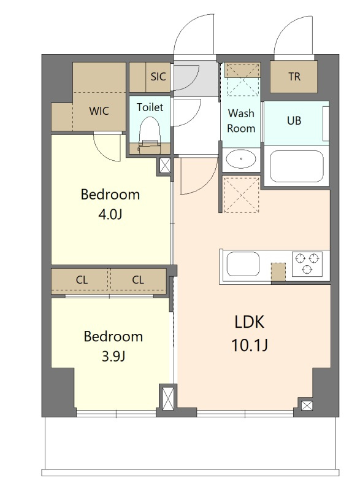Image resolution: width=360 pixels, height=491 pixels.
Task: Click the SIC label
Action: [158, 76]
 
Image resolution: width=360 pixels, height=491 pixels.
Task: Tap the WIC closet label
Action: [99, 111]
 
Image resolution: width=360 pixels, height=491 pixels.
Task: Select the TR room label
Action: [294, 76]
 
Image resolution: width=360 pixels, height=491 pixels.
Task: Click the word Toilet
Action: [150, 107]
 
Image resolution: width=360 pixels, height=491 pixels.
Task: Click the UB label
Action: [294, 120]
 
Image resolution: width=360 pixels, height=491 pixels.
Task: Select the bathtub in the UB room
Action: [296, 166]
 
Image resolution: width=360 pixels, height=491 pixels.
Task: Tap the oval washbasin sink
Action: [241, 159]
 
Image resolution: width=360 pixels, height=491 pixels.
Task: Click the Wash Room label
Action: [241, 120]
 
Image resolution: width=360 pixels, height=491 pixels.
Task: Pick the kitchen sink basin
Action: [243, 264]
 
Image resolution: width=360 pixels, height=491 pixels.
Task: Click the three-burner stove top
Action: [307, 264]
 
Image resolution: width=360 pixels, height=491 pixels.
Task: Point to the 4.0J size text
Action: [110, 215]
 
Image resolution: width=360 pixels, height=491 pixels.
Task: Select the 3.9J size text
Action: [113, 357]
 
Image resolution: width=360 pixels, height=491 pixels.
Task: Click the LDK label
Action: [249, 322]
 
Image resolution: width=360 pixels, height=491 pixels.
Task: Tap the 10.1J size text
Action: [249, 346]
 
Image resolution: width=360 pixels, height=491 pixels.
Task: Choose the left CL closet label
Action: [82, 280]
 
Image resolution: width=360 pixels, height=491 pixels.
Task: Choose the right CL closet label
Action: [138, 280]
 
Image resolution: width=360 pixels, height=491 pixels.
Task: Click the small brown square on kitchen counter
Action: [278, 272]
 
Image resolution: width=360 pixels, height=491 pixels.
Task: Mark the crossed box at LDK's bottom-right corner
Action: [307, 406]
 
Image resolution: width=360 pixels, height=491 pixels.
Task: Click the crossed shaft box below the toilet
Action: [165, 165]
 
